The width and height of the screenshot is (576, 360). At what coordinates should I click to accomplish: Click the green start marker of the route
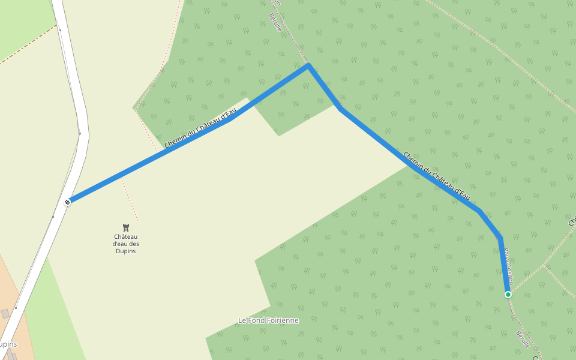(508, 294)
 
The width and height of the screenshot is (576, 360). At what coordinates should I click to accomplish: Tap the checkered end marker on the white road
(68, 202)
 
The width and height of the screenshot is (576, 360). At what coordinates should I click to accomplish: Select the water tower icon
(126, 227)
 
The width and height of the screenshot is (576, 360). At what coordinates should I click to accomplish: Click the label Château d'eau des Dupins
(126, 244)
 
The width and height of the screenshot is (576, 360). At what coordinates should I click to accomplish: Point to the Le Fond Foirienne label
(268, 320)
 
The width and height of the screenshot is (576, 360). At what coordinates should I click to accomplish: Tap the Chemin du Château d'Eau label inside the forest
(436, 176)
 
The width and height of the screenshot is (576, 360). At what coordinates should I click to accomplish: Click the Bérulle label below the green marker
(523, 340)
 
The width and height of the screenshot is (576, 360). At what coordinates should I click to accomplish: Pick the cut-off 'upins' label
(8, 344)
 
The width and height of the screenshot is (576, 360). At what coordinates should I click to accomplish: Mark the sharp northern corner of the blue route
(308, 65)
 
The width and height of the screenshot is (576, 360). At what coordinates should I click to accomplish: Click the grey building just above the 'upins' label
(5, 314)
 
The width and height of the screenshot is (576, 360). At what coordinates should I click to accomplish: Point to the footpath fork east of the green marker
(544, 265)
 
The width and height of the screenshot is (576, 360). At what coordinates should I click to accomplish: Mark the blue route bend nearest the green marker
(499, 239)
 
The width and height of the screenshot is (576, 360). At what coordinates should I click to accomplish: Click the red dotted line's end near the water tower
(139, 223)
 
